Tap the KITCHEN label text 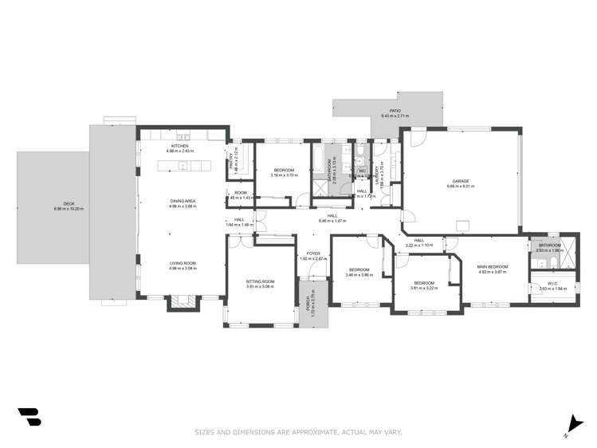point(179,145)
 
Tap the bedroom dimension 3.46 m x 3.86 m point(359,274)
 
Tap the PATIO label point(395,111)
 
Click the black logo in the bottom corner point(29,418)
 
